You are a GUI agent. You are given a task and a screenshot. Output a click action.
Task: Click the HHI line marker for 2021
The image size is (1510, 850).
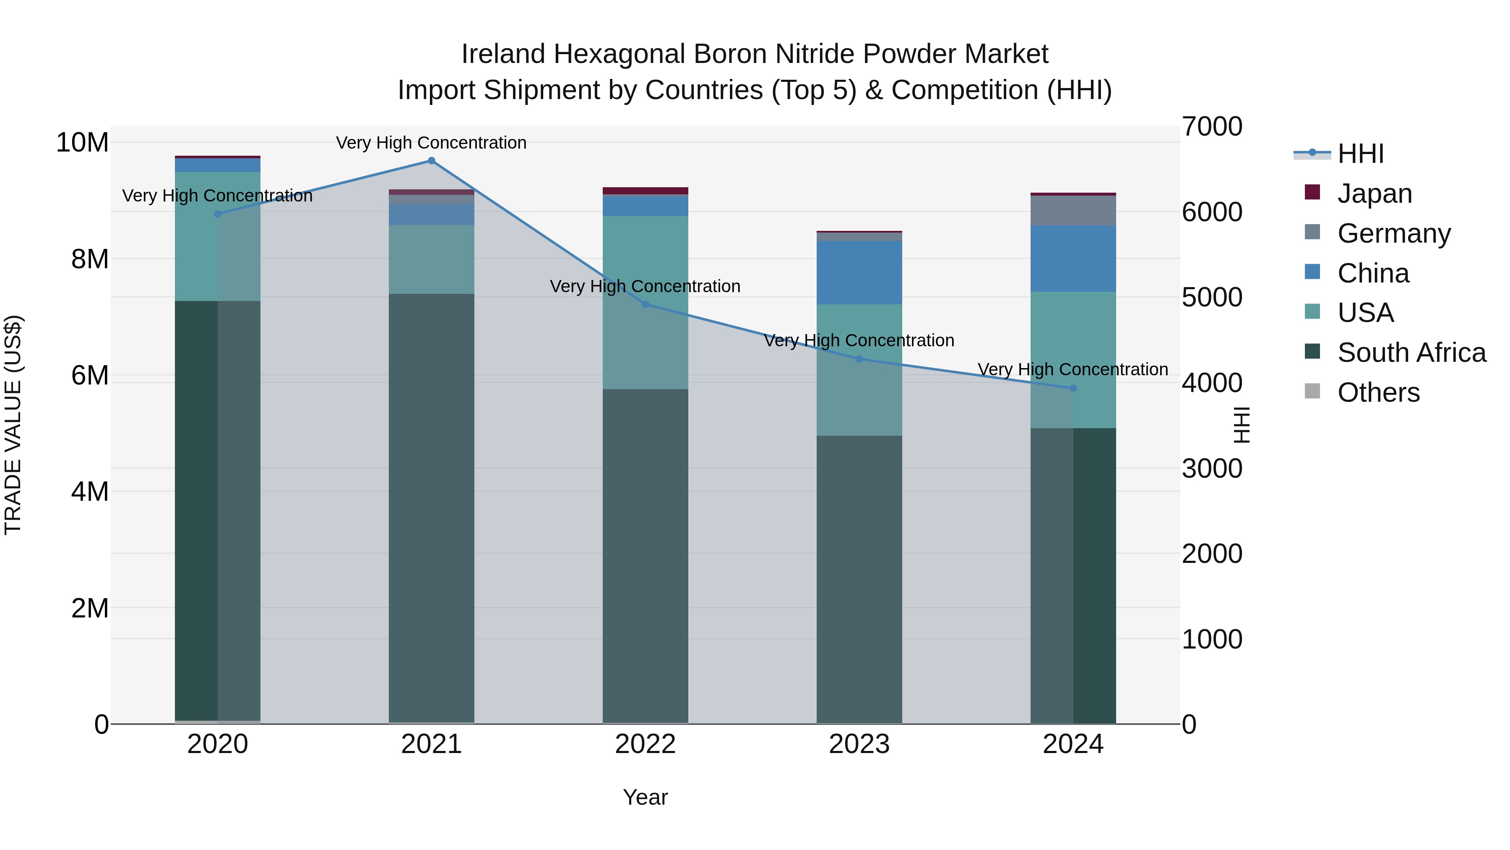point(432,161)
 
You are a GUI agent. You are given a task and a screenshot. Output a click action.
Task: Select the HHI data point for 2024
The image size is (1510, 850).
point(1073,388)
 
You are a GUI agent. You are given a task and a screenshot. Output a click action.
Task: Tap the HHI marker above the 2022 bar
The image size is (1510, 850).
point(646,304)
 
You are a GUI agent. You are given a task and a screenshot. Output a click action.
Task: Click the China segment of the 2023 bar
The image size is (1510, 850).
point(859,273)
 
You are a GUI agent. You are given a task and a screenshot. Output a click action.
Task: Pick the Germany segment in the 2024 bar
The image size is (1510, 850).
point(1073,211)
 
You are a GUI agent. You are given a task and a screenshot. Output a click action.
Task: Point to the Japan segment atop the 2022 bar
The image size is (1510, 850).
point(646,191)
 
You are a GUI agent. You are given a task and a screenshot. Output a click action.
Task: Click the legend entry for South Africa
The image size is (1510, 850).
point(1411,353)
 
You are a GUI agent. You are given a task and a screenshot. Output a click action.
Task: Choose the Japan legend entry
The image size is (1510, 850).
point(1374,194)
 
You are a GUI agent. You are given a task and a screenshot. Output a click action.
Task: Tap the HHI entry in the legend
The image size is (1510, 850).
point(1360,154)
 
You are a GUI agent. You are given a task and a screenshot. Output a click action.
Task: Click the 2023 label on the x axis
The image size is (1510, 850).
point(859,744)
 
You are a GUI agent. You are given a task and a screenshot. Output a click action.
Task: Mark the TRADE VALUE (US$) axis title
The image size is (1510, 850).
point(13,425)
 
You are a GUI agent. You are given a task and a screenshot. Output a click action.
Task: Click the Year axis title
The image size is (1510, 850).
point(646,797)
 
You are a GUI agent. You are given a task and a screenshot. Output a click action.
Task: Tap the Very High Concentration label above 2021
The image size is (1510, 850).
point(432,143)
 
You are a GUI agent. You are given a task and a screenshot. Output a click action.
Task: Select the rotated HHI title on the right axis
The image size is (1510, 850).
point(1242,425)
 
